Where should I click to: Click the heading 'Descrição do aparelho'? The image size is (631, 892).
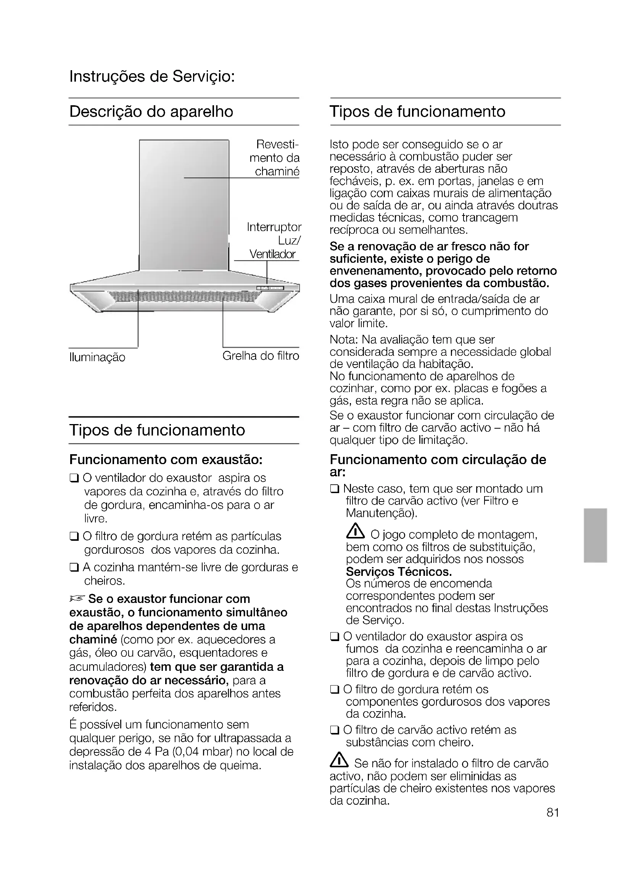(x=151, y=112)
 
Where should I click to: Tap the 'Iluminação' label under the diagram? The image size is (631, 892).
(x=97, y=357)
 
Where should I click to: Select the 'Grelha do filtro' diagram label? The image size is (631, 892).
(x=261, y=356)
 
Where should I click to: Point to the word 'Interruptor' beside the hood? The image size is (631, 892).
(x=274, y=227)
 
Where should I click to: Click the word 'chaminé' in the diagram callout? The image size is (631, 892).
(x=277, y=171)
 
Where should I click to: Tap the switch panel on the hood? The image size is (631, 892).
(x=270, y=288)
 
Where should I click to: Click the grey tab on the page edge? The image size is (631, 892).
(x=595, y=535)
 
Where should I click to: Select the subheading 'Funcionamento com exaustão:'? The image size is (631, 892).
(x=166, y=460)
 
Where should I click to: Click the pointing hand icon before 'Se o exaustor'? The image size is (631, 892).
(x=77, y=599)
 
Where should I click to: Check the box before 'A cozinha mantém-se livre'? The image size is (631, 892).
(x=74, y=568)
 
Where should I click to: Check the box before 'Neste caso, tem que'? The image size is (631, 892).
(x=335, y=489)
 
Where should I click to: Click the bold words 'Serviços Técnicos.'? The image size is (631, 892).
(x=399, y=572)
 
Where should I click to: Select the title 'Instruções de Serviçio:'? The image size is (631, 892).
(x=152, y=76)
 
